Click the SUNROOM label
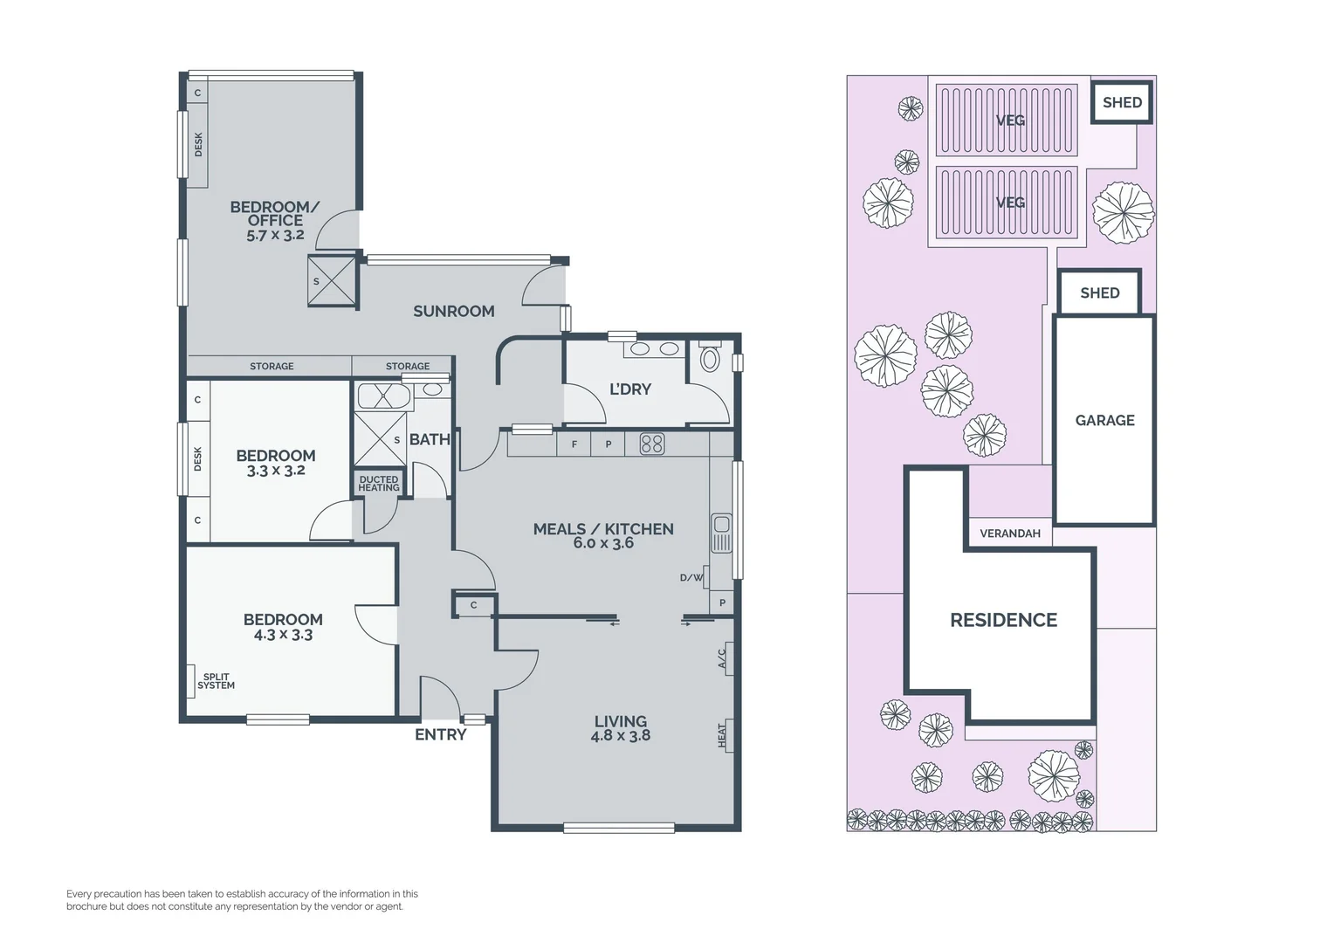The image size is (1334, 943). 453,311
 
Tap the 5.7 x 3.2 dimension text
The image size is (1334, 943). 275,235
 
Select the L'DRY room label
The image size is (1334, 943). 629,389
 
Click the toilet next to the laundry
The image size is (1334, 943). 709,358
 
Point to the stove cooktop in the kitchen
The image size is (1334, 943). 652,444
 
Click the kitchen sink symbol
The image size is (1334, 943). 721,533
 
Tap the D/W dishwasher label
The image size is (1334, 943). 691,577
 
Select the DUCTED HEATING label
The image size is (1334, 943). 378,484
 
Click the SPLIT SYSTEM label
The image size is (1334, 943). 216,681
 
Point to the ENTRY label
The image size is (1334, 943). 440,734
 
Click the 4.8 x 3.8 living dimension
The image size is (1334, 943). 620,736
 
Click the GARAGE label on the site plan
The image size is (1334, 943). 1104,420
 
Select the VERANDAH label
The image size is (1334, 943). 1009,533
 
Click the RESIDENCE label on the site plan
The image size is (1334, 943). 1003,620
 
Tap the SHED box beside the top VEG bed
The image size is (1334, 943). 1122,102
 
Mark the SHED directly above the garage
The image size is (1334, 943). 1099,293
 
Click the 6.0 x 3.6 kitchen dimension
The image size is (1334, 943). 603,543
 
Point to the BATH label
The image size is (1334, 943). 430,439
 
